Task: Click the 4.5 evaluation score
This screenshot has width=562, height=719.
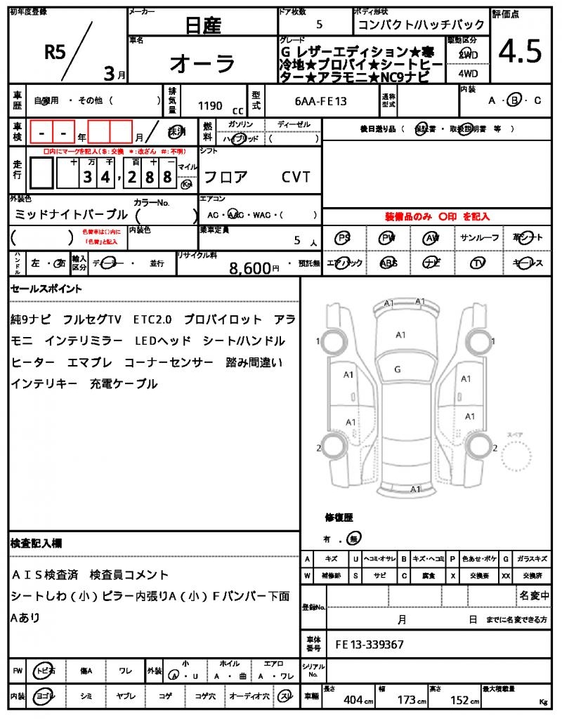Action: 520,51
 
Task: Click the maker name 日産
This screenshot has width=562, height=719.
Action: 203,25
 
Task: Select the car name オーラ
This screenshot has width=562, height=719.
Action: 203,63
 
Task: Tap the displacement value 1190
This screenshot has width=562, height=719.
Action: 210,106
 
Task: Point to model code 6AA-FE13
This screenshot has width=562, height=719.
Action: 321,102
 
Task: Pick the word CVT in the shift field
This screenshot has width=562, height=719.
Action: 296,177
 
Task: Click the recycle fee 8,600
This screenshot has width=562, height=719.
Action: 250,268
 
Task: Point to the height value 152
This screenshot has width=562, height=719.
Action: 461,700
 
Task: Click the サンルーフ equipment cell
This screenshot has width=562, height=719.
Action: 480,238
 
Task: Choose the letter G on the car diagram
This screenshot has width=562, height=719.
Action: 398,369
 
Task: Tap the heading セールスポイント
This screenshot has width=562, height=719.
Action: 46,289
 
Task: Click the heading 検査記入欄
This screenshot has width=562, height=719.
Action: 37,543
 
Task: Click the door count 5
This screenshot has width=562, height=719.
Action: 320,25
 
